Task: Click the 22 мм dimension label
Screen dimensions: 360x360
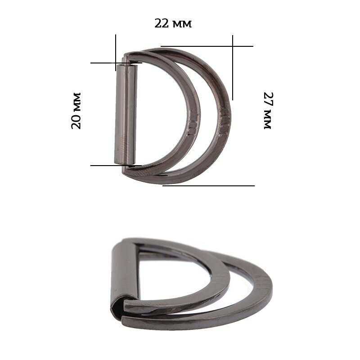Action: pyautogui.click(x=173, y=23)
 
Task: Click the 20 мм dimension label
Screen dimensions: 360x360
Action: pyautogui.click(x=76, y=111)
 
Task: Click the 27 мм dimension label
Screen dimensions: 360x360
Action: pyautogui.click(x=268, y=110)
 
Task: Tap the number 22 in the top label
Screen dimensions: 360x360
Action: pyautogui.click(x=162, y=23)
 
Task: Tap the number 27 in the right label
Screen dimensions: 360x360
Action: pyautogui.click(x=268, y=99)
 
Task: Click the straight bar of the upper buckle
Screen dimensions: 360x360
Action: pyautogui.click(x=126, y=114)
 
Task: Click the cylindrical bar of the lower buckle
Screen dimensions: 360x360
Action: pyautogui.click(x=125, y=273)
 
